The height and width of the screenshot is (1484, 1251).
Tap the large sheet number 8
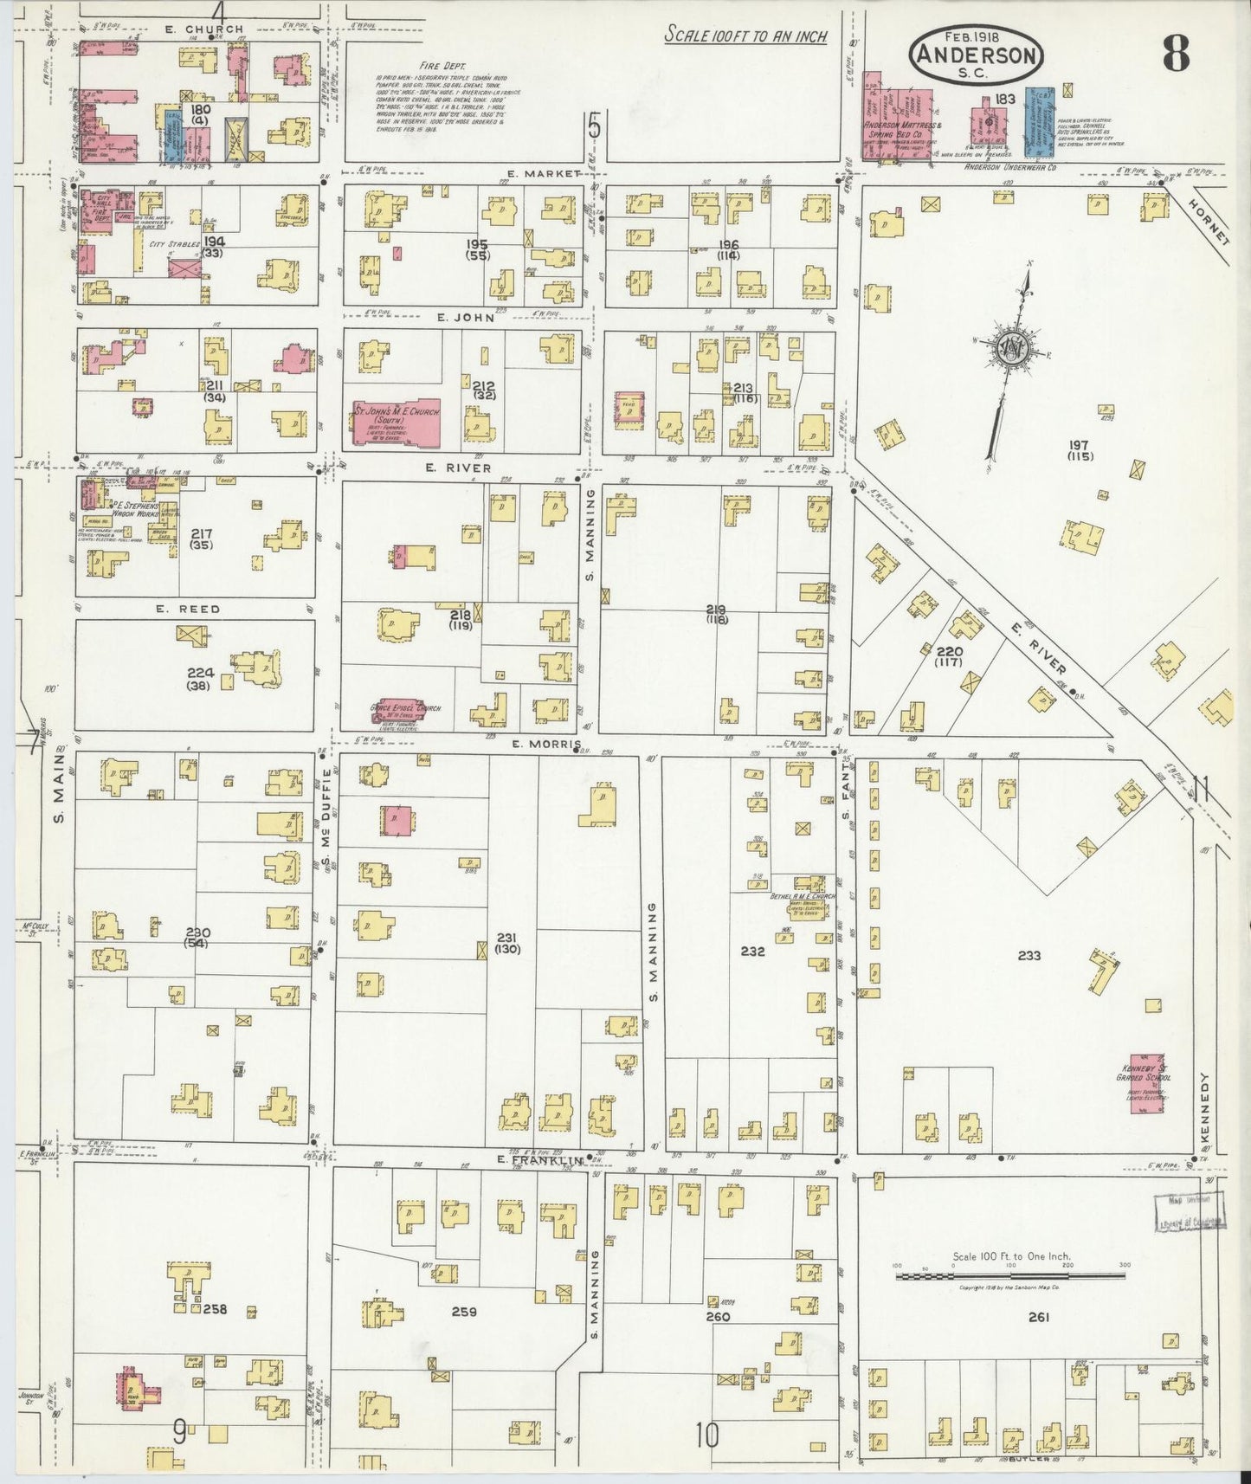pos(1176,55)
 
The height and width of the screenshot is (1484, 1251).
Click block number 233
pos(1029,956)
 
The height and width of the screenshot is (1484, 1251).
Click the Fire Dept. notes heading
pos(442,65)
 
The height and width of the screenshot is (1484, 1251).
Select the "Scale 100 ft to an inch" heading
pos(745,36)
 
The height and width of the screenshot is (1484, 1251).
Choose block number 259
pos(464,1312)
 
